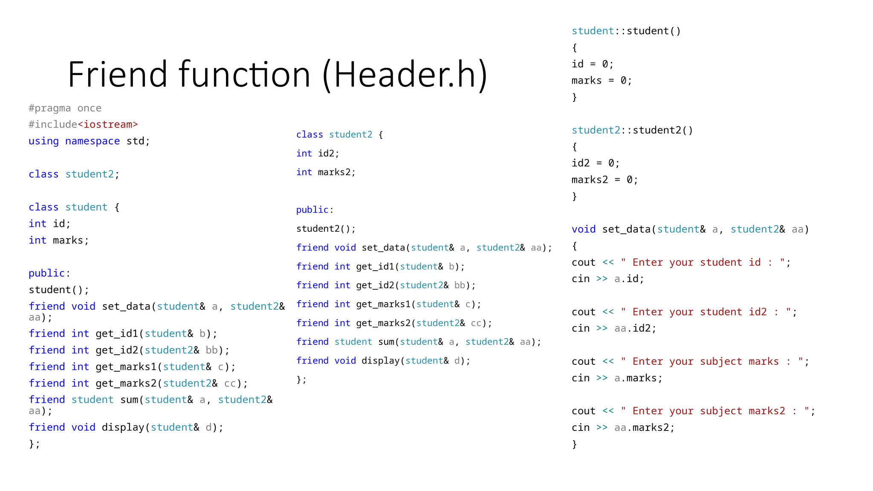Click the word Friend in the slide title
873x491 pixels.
coord(117,75)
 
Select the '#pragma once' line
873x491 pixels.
coord(65,108)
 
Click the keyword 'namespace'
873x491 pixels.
coord(92,141)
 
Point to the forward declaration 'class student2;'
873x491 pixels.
coord(74,174)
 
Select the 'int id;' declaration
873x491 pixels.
coord(49,224)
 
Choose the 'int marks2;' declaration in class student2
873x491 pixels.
coord(326,172)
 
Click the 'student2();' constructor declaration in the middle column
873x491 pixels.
coord(326,229)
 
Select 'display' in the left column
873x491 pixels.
coord(123,427)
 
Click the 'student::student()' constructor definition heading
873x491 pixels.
coord(626,31)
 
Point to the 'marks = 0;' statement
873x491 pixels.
coord(601,81)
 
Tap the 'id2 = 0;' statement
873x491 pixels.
coord(595,163)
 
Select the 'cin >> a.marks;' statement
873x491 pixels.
coord(617,378)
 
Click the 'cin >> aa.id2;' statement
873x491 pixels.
coord(614,329)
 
